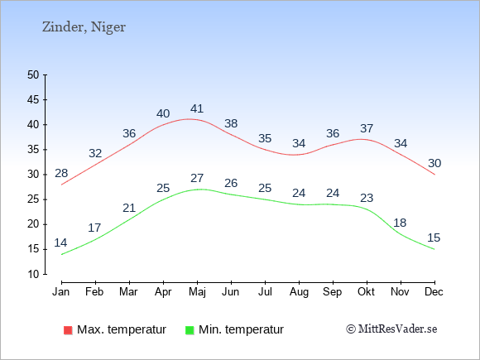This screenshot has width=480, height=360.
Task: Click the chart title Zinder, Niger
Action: [x=84, y=27]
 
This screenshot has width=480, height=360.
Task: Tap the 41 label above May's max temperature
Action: [x=197, y=108]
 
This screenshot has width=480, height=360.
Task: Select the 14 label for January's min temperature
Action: [x=60, y=242]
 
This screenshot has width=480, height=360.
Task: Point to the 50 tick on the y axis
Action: [x=33, y=75]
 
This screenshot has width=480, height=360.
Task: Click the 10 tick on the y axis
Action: [x=33, y=274]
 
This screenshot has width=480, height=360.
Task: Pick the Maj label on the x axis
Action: [x=197, y=292]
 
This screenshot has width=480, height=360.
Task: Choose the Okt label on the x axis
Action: [x=366, y=292]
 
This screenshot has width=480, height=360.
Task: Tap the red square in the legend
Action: [x=68, y=330]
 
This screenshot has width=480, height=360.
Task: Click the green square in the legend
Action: [x=190, y=330]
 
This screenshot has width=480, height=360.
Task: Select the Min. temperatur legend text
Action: [x=241, y=329]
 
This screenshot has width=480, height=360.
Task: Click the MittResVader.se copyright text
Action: [x=391, y=329]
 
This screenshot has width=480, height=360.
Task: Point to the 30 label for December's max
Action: [x=434, y=164]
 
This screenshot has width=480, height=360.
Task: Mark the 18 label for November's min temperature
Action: [x=400, y=223]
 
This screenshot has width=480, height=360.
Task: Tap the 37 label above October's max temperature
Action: [x=367, y=128]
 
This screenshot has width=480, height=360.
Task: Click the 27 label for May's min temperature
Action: [x=197, y=178]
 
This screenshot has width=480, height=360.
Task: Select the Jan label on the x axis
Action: [x=61, y=292]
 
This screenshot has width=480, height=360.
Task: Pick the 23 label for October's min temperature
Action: [x=367, y=198]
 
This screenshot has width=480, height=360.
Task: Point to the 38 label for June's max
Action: [x=231, y=123]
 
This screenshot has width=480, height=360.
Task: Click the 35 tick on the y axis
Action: [x=33, y=150]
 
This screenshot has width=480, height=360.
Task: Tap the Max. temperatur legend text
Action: [x=122, y=329]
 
